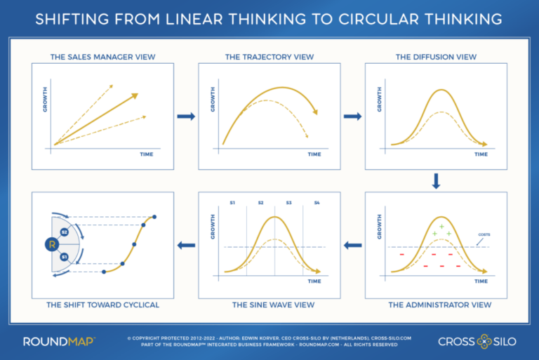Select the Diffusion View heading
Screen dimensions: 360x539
(x=436, y=56)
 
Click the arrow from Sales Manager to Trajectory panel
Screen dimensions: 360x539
(x=186, y=116)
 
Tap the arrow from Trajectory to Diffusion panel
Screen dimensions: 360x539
(x=353, y=116)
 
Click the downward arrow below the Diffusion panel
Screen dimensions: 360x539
(x=436, y=181)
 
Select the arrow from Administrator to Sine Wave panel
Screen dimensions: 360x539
(x=353, y=245)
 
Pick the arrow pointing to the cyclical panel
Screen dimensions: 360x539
(x=186, y=245)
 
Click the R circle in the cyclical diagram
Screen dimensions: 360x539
(x=51, y=245)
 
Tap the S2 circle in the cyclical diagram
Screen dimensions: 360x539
(x=64, y=231)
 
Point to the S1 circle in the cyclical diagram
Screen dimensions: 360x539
(x=64, y=258)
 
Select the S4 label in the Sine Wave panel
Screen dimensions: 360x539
(x=317, y=203)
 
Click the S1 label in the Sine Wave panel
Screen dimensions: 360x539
(x=232, y=203)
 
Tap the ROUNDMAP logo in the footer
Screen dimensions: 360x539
(x=59, y=342)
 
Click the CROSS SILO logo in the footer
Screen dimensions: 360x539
(x=478, y=342)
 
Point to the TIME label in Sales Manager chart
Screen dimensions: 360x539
(x=147, y=153)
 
